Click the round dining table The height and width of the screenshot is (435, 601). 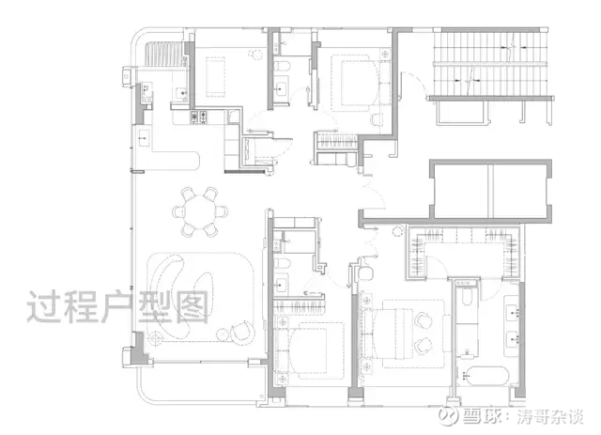tap(200, 211)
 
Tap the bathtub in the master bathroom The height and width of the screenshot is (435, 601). tap(486, 377)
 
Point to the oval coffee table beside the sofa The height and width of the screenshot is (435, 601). tap(204, 293)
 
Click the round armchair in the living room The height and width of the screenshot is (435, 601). tap(242, 333)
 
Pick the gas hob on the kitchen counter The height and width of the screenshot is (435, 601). tap(199, 117)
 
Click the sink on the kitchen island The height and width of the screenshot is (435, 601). tap(144, 137)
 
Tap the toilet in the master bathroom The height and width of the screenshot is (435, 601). tap(466, 296)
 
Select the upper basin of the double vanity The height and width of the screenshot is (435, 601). tap(513, 312)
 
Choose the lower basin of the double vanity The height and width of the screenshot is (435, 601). tap(513, 339)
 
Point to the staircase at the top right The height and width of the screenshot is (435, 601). tap(490, 63)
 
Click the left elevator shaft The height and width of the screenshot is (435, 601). tap(462, 191)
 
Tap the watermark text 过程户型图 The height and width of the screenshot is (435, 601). tap(118, 307)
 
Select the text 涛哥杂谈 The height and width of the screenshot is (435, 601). tap(550, 416)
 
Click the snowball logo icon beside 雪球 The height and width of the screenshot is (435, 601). tap(449, 415)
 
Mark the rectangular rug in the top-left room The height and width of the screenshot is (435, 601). tap(215, 77)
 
